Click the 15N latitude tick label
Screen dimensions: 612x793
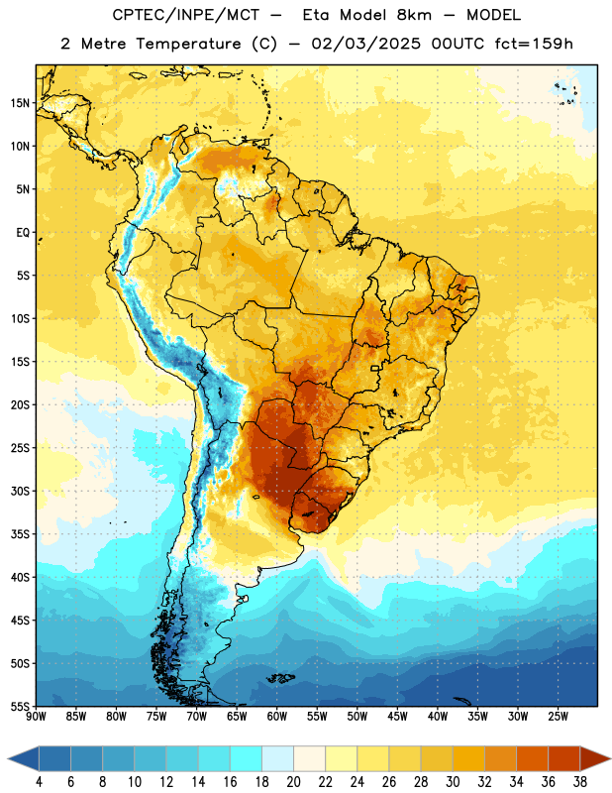click(x=20, y=103)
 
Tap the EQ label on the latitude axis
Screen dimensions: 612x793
click(x=23, y=233)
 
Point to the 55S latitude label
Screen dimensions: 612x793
click(x=20, y=707)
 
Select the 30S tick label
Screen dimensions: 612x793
click(x=20, y=491)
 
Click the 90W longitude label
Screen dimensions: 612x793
click(x=36, y=717)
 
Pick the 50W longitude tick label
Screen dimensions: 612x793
click(x=357, y=717)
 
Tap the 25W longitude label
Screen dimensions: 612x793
click(x=558, y=717)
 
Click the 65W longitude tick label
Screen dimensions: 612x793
click(x=237, y=717)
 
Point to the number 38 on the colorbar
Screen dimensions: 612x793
click(x=580, y=782)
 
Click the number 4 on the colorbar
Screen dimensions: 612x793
click(x=39, y=782)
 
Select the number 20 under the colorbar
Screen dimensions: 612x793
click(x=293, y=782)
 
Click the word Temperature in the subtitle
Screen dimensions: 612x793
click(x=188, y=44)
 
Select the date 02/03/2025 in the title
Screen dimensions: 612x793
click(x=365, y=44)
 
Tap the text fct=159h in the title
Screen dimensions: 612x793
click(x=534, y=44)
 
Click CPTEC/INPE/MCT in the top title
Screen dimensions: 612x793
click(x=185, y=15)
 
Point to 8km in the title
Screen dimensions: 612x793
click(x=414, y=15)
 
